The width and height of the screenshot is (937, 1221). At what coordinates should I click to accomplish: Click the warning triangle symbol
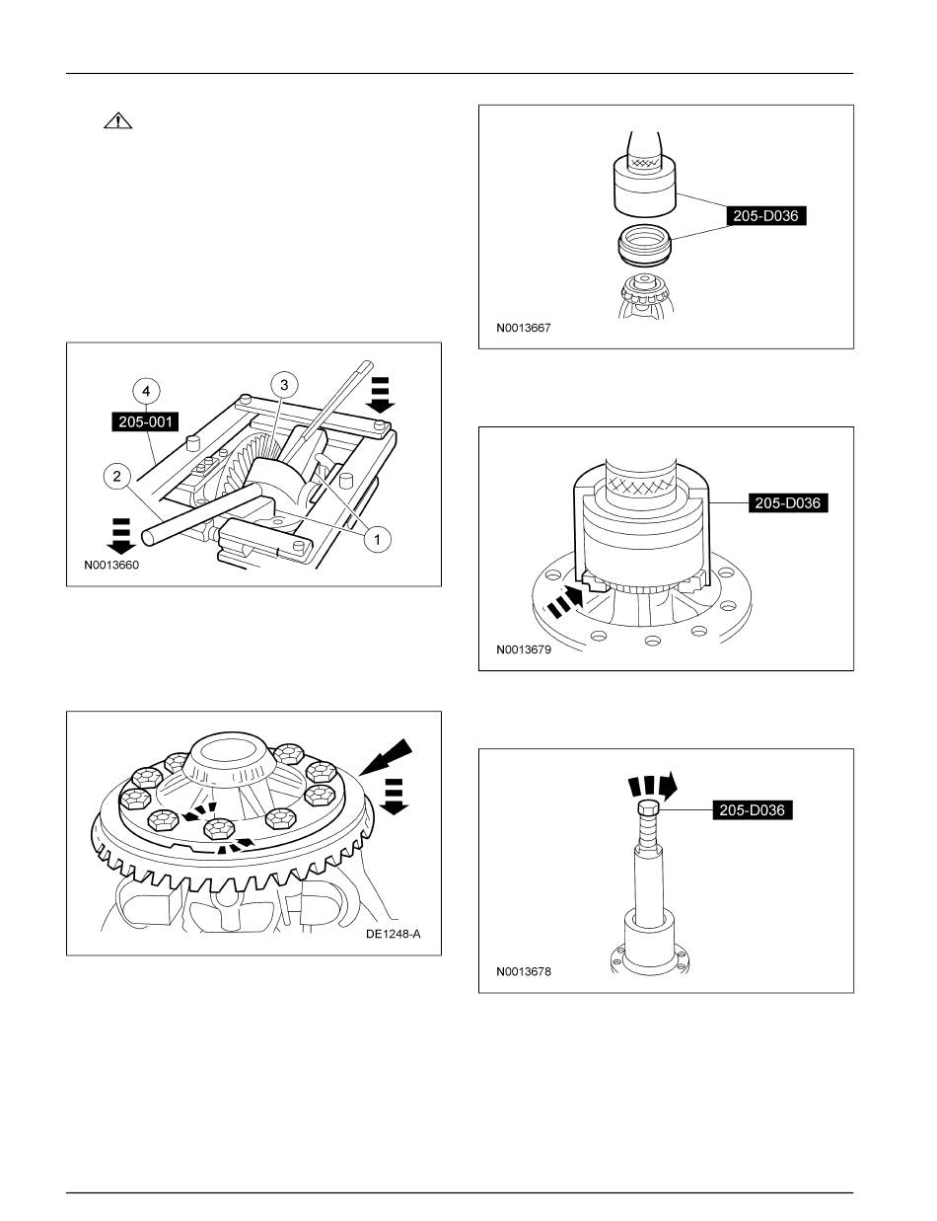tap(117, 121)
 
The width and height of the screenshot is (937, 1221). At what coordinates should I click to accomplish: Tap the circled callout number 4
tap(146, 391)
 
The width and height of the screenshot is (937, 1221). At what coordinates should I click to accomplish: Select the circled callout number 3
tap(282, 383)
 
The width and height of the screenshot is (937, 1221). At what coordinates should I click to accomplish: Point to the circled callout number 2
tap(115, 477)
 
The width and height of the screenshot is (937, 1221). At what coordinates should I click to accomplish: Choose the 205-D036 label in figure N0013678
tap(753, 810)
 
